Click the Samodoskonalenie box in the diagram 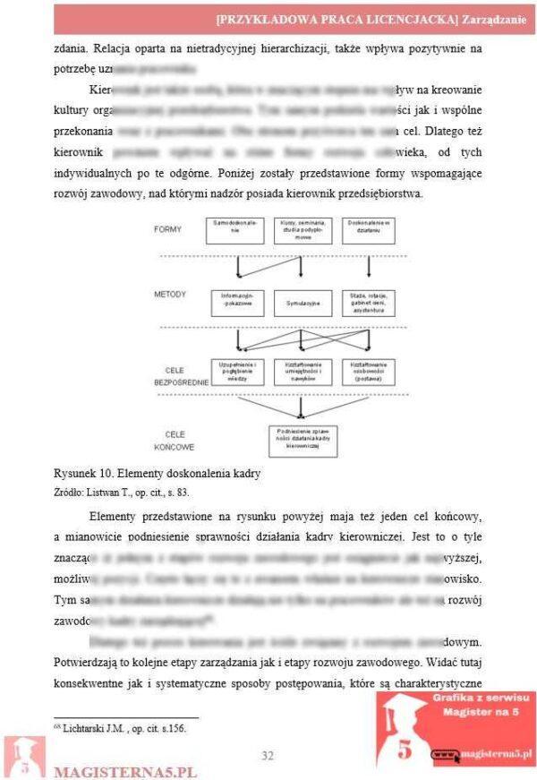(235, 230)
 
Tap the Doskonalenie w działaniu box (368, 230)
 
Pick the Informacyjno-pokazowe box (236, 303)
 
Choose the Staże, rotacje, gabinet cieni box (368, 303)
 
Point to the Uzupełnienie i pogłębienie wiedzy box (236, 372)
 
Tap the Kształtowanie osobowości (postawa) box (369, 372)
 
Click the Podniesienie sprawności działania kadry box (303, 440)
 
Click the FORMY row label (167, 229)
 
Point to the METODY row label (169, 294)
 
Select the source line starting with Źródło (121, 492)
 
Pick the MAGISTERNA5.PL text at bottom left (124, 770)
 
